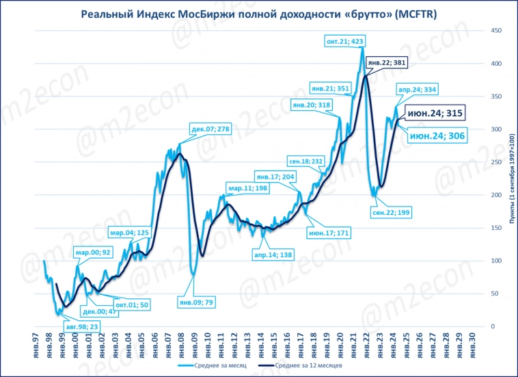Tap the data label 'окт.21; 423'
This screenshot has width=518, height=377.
(x=343, y=42)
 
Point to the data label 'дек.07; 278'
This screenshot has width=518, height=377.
(x=211, y=129)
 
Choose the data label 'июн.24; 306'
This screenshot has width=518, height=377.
(x=437, y=137)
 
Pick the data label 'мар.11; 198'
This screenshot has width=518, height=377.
(x=247, y=188)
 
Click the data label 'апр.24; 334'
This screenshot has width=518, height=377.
(x=417, y=89)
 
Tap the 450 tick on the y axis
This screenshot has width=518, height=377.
(x=497, y=31)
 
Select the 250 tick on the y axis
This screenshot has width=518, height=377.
(x=497, y=162)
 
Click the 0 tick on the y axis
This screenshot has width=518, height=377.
(x=493, y=326)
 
